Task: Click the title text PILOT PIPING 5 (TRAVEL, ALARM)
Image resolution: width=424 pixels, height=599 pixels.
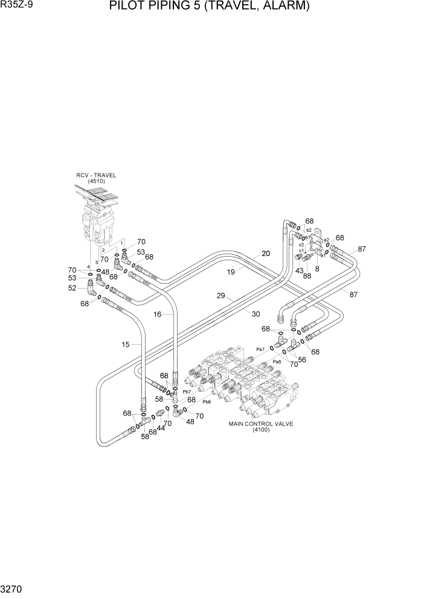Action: tap(210, 7)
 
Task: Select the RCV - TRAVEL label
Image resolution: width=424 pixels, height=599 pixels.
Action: tap(96, 175)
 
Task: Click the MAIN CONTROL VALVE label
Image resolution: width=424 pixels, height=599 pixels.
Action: tap(260, 423)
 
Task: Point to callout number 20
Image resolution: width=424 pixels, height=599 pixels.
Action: tap(265, 254)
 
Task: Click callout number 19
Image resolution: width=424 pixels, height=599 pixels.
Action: tap(231, 272)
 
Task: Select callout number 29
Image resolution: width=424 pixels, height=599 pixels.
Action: tap(221, 296)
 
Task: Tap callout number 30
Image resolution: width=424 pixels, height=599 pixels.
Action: tap(255, 313)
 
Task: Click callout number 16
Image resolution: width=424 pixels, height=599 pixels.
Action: tap(157, 315)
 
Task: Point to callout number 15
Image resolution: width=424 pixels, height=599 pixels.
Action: tap(126, 345)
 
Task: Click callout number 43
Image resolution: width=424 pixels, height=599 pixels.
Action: tap(298, 270)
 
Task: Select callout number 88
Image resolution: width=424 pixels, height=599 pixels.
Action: tap(307, 277)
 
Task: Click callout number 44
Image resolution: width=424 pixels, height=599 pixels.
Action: tap(161, 428)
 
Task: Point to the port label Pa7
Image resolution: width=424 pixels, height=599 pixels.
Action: tap(261, 349)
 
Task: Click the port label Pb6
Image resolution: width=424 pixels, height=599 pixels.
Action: tap(207, 401)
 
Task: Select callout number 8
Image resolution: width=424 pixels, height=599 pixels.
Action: tap(316, 269)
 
